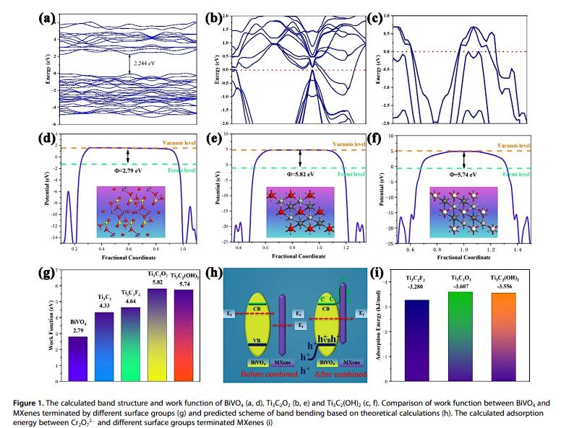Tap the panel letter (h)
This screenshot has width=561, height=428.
coord(215,273)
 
